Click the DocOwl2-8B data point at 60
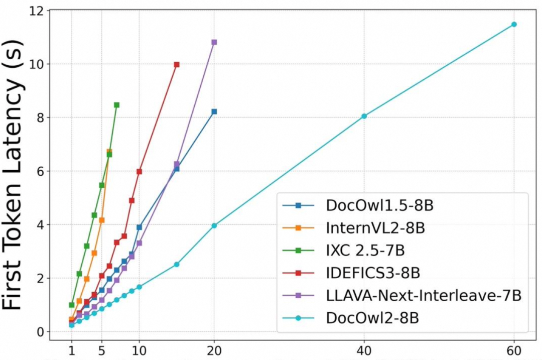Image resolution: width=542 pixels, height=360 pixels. coord(514,24)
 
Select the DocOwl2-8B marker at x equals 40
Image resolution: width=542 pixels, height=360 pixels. coord(364,116)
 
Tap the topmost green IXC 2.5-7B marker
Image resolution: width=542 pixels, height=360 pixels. coord(116,105)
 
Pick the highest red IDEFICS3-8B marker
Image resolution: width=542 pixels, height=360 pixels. coord(177,64)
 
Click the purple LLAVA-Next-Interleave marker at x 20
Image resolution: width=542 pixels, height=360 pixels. coord(214,42)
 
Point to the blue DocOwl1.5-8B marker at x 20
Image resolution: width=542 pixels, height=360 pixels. coord(214,111)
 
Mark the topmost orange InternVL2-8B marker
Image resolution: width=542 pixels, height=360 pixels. coord(109,151)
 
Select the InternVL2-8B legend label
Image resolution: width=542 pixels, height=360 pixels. coord(375,228)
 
